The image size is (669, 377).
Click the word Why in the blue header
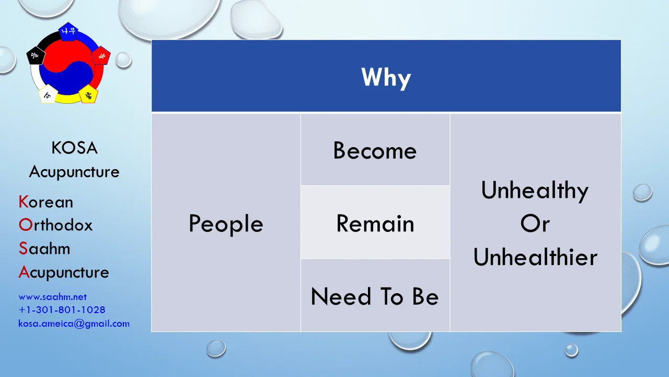[386, 77]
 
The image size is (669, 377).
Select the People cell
[226, 223]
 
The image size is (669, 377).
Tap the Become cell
[375, 149]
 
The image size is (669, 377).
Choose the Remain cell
[375, 223]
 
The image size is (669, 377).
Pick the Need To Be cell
[375, 296]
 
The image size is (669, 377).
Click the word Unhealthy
[535, 190]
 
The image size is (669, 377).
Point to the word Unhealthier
[535, 257]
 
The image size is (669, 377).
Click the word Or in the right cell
[535, 224]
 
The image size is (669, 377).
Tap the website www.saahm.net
[53, 297]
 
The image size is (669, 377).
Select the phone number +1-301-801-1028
[62, 309]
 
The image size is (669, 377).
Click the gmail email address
[74, 324]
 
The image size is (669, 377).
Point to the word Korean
[45, 202]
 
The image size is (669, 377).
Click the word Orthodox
[55, 225]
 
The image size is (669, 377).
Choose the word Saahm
[44, 248]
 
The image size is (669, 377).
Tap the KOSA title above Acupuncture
[74, 148]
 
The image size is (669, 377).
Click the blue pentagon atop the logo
[68, 31]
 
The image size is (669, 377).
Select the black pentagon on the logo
[36, 56]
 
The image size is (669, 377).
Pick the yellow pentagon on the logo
[88, 94]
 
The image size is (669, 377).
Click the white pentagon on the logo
[48, 94]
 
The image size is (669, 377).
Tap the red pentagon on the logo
[101, 56]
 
